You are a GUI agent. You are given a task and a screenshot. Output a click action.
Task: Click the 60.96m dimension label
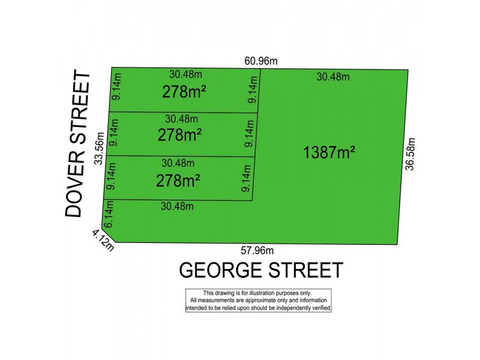click(x=260, y=61)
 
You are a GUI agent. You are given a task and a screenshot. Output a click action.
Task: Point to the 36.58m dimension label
click(x=410, y=154)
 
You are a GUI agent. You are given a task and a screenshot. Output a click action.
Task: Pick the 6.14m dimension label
click(x=109, y=215)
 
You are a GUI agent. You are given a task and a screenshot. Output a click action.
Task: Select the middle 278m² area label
click(x=179, y=136)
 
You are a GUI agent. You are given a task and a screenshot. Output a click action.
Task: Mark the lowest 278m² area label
click(x=178, y=179)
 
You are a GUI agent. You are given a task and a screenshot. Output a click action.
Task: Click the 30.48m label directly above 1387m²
click(x=333, y=77)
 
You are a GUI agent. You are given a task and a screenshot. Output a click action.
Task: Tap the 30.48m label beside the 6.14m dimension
click(x=177, y=206)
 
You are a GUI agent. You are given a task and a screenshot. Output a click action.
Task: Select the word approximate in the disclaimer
click(x=253, y=300)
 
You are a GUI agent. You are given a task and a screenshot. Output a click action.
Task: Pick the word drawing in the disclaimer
click(x=221, y=293)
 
